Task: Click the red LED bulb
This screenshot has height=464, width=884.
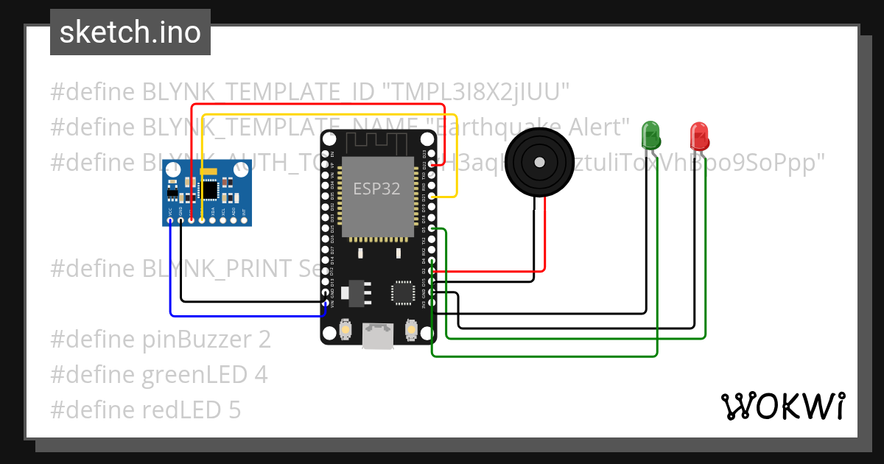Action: coord(698,135)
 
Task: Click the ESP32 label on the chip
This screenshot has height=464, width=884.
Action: coord(376,189)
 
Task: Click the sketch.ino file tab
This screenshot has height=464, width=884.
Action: coord(130,32)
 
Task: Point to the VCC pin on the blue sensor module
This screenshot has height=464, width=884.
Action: coord(170,219)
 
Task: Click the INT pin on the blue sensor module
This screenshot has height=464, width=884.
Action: coord(244,219)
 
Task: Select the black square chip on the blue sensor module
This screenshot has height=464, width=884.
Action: coord(210,190)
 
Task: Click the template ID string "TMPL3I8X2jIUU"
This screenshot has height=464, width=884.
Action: coord(476,92)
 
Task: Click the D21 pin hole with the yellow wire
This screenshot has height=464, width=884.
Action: coord(433,197)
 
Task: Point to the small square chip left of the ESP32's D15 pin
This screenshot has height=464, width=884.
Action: coord(404,292)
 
